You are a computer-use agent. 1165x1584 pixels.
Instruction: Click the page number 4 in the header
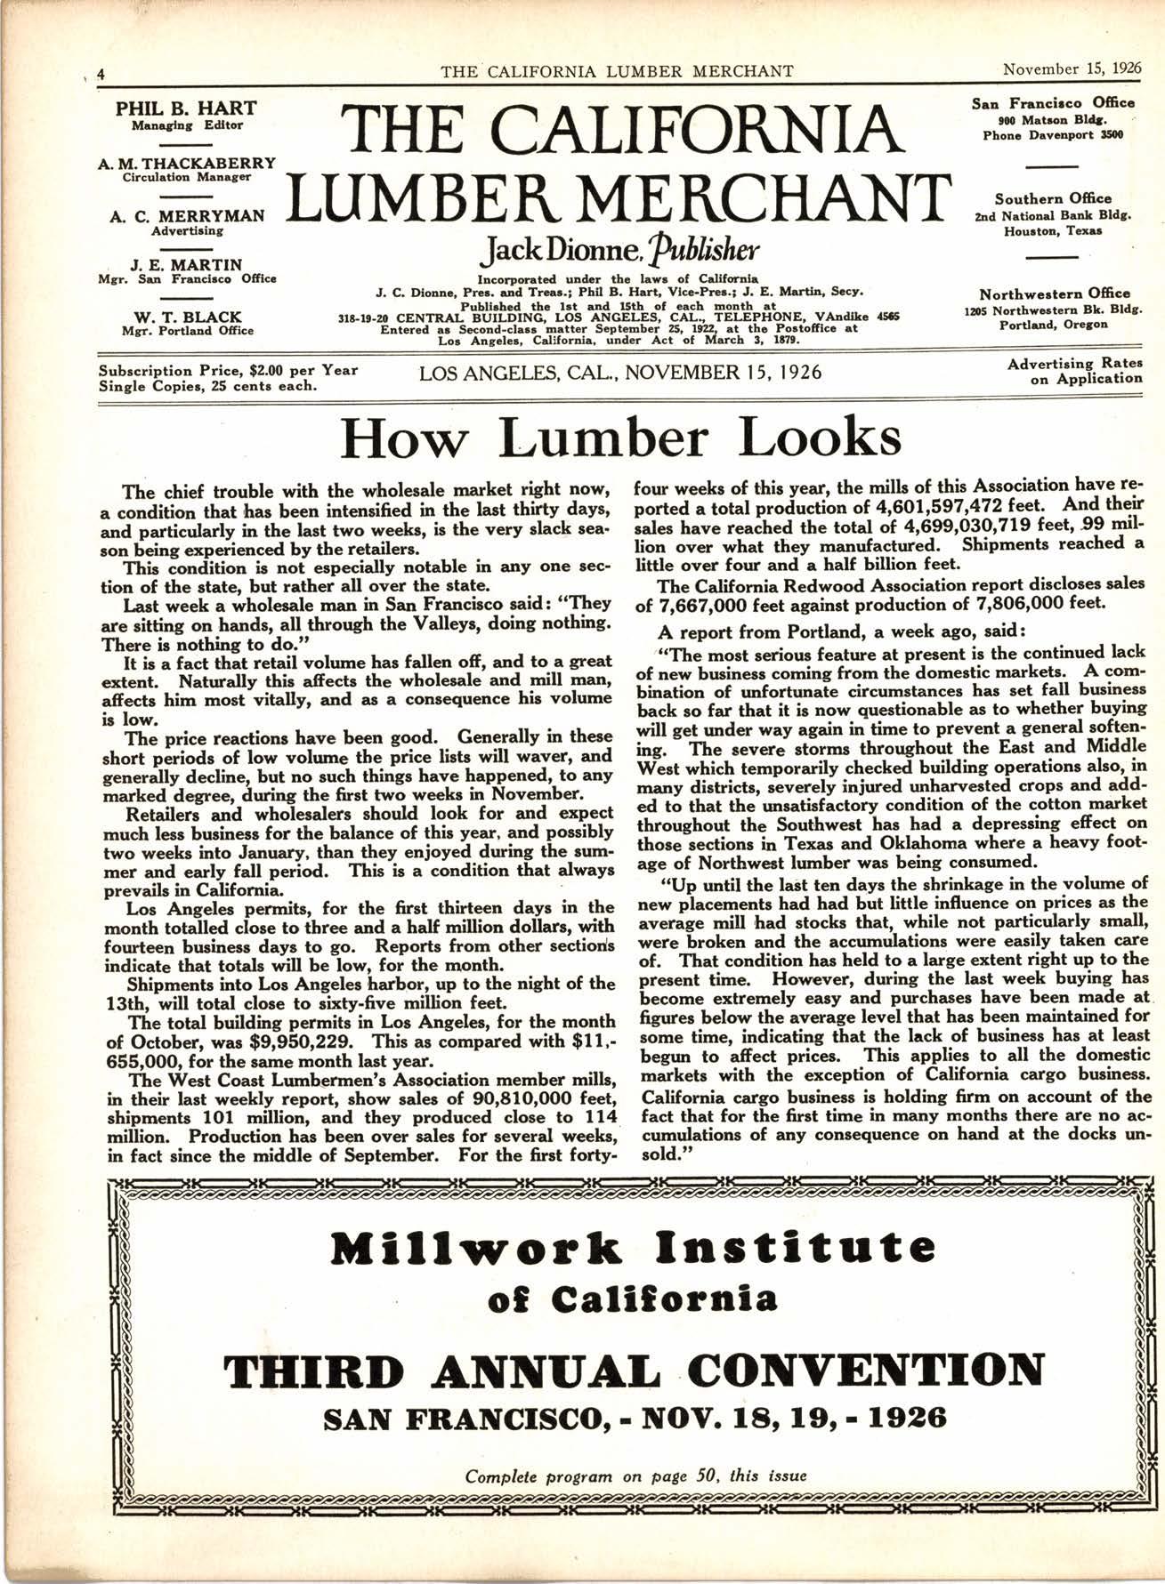101,73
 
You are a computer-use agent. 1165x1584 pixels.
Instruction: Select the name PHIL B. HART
187,109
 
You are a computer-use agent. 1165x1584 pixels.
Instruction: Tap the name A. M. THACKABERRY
186,163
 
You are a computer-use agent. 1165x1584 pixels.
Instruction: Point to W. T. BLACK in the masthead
187,317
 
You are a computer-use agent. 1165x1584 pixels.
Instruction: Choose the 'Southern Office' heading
1053,198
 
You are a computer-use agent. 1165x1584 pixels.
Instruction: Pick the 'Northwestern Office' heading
1055,293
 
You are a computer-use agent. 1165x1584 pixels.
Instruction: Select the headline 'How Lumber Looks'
620,438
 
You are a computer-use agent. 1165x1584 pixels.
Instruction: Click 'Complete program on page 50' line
635,1475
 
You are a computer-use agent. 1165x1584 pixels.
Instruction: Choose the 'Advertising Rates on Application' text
1074,371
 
